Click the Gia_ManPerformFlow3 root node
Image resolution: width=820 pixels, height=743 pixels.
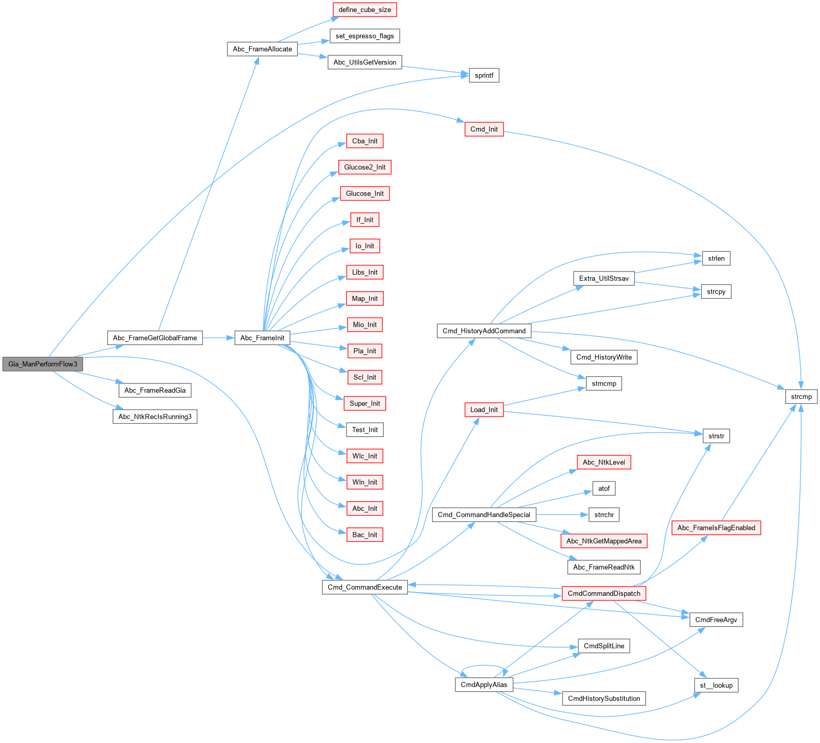pyautogui.click(x=42, y=364)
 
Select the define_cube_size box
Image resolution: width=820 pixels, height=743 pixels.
pyautogui.click(x=365, y=10)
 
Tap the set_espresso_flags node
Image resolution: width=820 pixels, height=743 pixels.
pyautogui.click(x=365, y=36)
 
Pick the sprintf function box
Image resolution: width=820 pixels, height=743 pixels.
pyautogui.click(x=484, y=75)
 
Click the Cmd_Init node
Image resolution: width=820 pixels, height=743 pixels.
pyautogui.click(x=484, y=129)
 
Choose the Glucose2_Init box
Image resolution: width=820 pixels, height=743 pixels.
pyautogui.click(x=365, y=167)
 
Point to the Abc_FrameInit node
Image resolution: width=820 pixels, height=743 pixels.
pyautogui.click(x=262, y=338)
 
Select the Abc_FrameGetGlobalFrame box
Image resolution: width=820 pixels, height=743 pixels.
pyautogui.click(x=155, y=338)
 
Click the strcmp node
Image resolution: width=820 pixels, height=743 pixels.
pyautogui.click(x=801, y=397)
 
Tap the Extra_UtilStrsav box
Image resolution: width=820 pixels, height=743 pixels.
pyautogui.click(x=603, y=278)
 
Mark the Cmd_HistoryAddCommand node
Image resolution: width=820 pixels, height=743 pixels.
pyautogui.click(x=484, y=331)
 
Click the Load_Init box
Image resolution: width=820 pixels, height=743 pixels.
pyautogui.click(x=484, y=409)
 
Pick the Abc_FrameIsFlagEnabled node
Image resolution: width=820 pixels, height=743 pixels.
pyautogui.click(x=716, y=528)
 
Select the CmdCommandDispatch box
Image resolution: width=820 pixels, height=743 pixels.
pyautogui.click(x=603, y=593)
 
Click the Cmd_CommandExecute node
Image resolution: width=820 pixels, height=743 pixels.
pyautogui.click(x=365, y=587)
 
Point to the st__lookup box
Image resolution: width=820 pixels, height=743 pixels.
pyautogui.click(x=716, y=685)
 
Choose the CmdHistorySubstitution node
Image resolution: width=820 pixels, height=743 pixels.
pyautogui.click(x=603, y=698)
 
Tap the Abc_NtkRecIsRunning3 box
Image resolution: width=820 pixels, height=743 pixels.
pyautogui.click(x=155, y=417)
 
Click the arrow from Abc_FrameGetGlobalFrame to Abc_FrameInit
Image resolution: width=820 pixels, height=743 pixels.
pyautogui.click(x=218, y=338)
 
